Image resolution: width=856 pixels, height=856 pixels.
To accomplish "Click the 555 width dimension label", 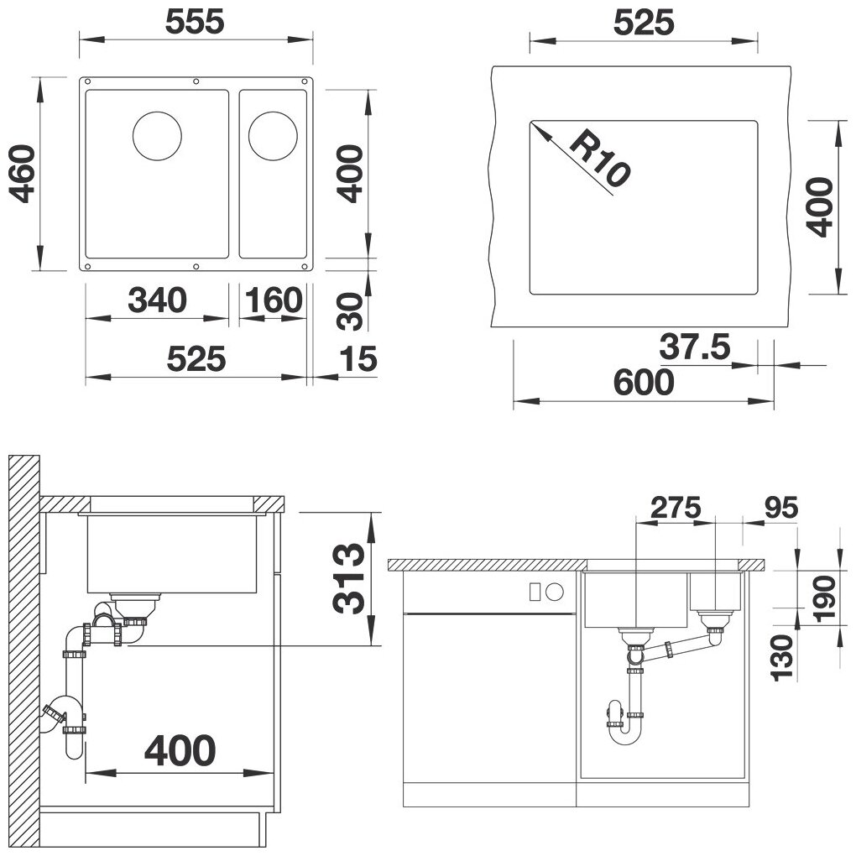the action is [x=195, y=23].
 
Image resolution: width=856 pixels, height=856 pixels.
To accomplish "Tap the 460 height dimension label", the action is [x=23, y=174].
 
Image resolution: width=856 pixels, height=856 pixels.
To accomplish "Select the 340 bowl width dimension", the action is [x=157, y=300].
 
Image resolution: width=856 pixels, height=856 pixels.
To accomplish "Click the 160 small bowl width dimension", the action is [x=273, y=300].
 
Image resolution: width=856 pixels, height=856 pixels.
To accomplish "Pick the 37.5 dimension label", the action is [x=694, y=347].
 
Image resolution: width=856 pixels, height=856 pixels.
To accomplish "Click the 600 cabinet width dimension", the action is [x=645, y=382].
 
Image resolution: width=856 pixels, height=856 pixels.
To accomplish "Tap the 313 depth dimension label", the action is [x=348, y=579].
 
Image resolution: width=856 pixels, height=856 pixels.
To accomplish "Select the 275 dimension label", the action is [x=676, y=508].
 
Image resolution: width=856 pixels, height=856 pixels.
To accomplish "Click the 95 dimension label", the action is [x=780, y=508].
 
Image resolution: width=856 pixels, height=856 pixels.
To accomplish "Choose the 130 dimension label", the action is [x=781, y=658].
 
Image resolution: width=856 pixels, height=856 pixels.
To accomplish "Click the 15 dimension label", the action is [x=358, y=359].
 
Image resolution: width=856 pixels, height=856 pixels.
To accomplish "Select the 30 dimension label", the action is [x=350, y=311].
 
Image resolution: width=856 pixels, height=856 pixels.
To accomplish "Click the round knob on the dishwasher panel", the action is [x=556, y=592].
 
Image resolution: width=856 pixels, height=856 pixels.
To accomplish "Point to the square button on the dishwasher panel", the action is [x=535, y=592].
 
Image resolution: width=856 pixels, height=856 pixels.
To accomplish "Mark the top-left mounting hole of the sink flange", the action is [x=87, y=82].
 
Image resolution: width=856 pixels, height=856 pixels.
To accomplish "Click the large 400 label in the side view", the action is [x=180, y=750].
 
